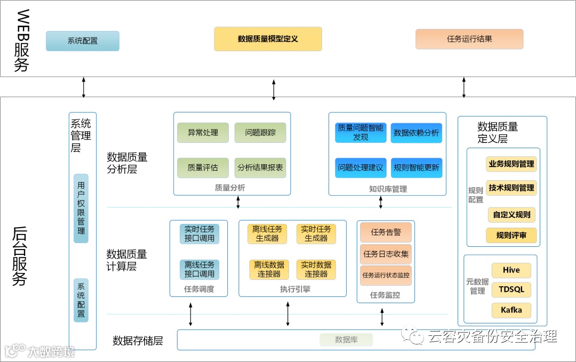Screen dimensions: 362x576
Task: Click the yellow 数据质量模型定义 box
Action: pos(268,39)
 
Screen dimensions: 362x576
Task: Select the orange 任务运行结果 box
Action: pos(469,39)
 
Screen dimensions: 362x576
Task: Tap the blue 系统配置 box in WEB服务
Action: pos(83,41)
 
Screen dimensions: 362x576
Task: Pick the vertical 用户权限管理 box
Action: pos(81,208)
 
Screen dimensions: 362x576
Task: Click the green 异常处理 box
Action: pos(203,133)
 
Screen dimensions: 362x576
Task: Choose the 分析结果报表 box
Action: pos(260,167)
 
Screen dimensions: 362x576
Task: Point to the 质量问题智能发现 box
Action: pos(361,133)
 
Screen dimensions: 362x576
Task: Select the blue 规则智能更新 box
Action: pos(416,167)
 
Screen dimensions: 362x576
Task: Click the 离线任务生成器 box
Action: pos(267,234)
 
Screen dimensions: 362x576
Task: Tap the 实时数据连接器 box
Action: pos(316,269)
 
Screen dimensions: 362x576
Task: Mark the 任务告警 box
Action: pos(386,232)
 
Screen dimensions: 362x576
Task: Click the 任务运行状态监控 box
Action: pos(386,276)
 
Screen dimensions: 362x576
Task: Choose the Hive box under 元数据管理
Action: pos(511,270)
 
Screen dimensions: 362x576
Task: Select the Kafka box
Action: pos(511,310)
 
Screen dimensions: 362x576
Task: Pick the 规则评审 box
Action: pos(511,235)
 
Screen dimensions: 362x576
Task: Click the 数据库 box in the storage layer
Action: pos(346,340)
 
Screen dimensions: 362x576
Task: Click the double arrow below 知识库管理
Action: pos(381,202)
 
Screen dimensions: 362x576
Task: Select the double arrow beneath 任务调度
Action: pos(190,314)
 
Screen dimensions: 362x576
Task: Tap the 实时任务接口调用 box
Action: pos(199,234)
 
